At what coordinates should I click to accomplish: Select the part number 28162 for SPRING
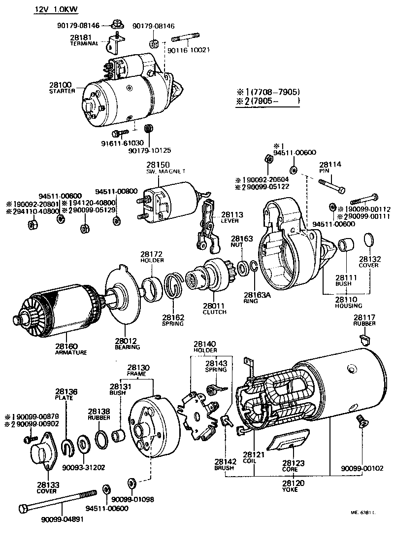(173, 317)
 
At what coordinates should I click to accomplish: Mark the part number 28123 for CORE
(294, 463)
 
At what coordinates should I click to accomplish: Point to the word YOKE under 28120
(293, 490)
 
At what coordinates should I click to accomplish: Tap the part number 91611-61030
(119, 143)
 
